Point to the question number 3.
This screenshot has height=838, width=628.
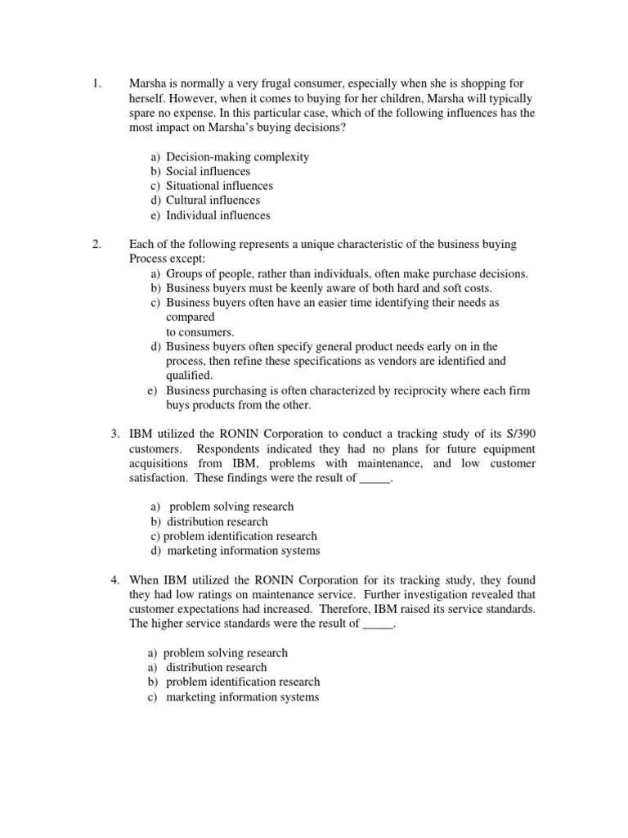(x=115, y=434)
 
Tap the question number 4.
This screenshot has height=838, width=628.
(x=115, y=580)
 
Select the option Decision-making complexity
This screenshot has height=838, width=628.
(x=237, y=157)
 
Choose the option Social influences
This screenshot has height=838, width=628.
(x=208, y=172)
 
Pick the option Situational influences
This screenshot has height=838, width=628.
(x=219, y=186)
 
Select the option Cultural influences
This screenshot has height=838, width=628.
(x=213, y=200)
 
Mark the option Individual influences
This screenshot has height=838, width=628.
(x=218, y=215)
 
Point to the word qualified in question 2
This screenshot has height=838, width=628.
(x=188, y=376)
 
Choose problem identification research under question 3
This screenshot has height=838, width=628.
(x=240, y=536)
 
